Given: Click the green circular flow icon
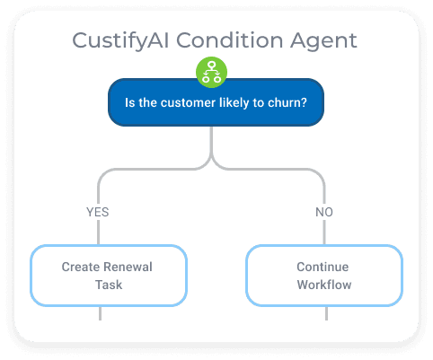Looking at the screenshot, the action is click(x=211, y=72).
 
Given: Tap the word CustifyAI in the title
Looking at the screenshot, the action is click(x=120, y=40).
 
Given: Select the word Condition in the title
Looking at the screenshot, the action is click(x=229, y=40).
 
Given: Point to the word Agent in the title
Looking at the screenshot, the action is click(x=323, y=41).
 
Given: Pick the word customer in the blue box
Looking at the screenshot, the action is click(x=188, y=103).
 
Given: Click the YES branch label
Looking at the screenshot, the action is click(x=98, y=212).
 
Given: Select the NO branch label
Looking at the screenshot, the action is click(x=324, y=212).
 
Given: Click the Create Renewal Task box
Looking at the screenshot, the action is click(x=109, y=276).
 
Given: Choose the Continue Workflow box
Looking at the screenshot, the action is click(x=324, y=276).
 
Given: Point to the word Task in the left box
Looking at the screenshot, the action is click(x=109, y=285).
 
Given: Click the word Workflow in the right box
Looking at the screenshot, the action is click(x=324, y=285).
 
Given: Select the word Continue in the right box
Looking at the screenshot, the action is click(x=323, y=267).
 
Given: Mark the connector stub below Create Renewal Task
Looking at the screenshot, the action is click(x=100, y=313).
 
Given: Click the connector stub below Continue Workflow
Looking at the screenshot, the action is click(x=326, y=313).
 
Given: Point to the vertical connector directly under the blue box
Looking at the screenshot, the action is click(x=211, y=141).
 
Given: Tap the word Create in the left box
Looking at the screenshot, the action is click(x=81, y=267).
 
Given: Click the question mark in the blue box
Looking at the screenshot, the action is click(x=304, y=102).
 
